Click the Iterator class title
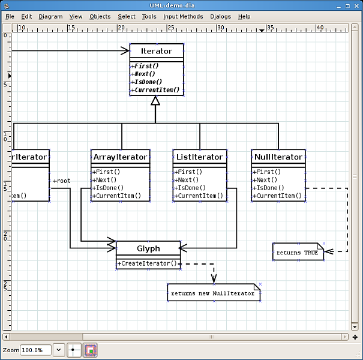[156, 52]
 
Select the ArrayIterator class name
[120, 157]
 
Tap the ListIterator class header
[200, 157]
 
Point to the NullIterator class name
[278, 157]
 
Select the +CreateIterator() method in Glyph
[148, 263]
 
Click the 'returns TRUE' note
[298, 253]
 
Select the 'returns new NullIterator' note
[214, 293]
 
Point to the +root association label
[62, 181]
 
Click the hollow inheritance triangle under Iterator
[155, 101]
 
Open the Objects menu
[100, 16]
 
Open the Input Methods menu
[183, 16]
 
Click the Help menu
[244, 16]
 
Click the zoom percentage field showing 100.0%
[35, 350]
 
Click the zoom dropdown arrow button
[59, 350]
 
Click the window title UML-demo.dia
[181, 5]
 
